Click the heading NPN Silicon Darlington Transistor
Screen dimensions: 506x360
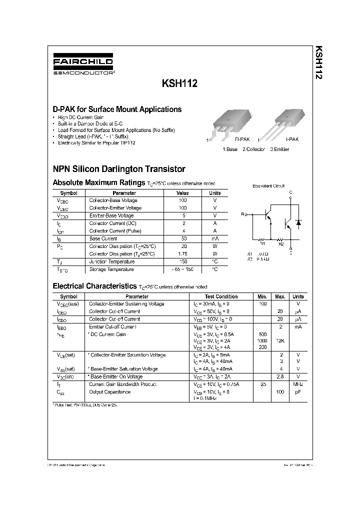click(x=119, y=169)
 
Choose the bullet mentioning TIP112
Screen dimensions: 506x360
click(x=96, y=143)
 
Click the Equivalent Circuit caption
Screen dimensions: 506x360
click(x=268, y=185)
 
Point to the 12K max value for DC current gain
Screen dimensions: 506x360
click(x=280, y=341)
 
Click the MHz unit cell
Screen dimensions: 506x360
click(x=298, y=384)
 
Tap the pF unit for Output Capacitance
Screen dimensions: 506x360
click(x=298, y=392)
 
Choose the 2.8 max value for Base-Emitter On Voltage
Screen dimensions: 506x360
click(x=280, y=376)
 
